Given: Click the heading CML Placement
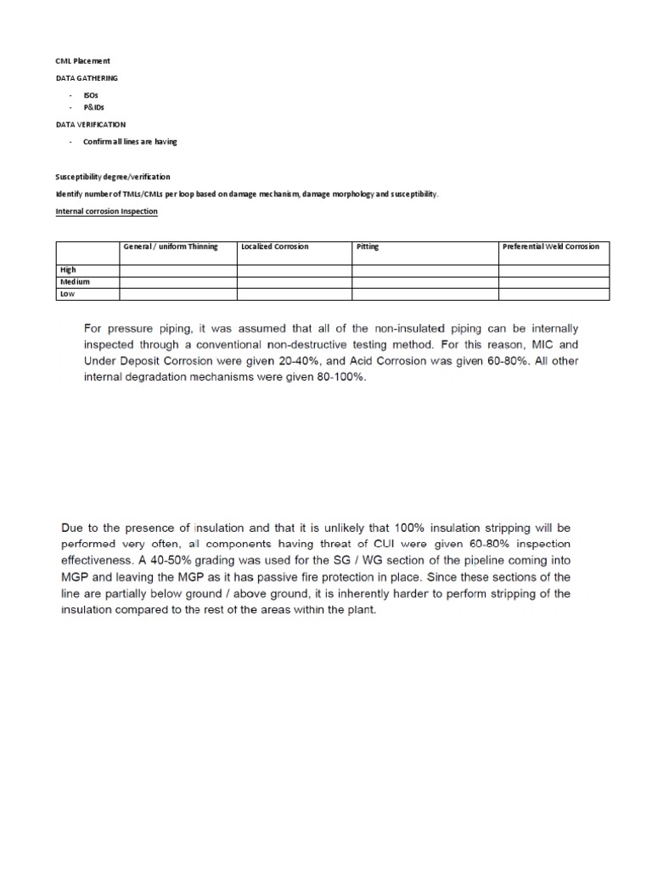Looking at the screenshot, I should click(82, 61).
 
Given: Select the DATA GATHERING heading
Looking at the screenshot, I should click(87, 78).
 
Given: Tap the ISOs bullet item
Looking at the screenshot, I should click(91, 96).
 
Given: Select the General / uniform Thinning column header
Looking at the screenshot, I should click(171, 246).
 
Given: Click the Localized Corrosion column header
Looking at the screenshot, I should click(274, 246).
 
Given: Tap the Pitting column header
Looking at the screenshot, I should click(368, 246).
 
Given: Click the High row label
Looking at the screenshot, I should click(67, 269).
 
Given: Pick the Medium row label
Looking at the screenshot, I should click(74, 281).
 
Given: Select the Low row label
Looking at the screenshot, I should click(67, 293).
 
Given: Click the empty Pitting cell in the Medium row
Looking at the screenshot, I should click(424, 281).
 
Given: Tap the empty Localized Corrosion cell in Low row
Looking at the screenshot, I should click(294, 293).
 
